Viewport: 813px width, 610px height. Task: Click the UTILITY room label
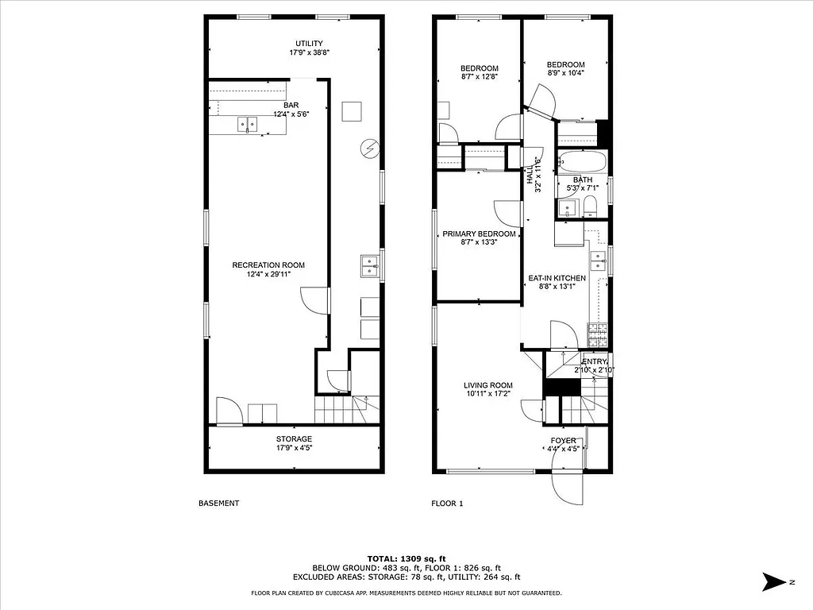309,44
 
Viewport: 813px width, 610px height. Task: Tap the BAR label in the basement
291,105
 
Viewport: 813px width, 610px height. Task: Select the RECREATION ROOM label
268,265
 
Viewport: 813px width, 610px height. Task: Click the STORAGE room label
294,439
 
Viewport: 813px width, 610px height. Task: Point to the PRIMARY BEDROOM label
479,234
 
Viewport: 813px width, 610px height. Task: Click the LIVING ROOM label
488,386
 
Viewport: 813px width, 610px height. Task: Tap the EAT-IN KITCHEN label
557,279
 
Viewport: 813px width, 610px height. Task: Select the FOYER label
564,441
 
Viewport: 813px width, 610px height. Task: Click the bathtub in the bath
583,162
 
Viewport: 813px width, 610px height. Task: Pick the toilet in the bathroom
589,207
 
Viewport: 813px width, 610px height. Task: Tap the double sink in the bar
247,124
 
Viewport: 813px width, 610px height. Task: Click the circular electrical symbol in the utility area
368,147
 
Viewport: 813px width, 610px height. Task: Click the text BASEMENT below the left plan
218,504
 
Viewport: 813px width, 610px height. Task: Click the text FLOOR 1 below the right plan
447,504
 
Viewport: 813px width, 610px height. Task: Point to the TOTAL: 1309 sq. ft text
406,558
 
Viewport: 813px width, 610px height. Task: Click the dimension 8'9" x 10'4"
565,73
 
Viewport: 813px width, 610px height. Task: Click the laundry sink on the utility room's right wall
369,266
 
